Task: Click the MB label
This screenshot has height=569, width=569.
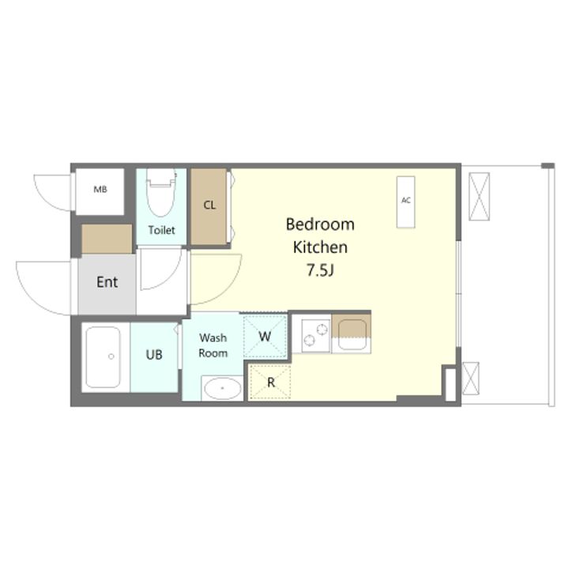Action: coord(100,189)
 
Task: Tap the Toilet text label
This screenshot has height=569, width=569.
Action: coord(161,230)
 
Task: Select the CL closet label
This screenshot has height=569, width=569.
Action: coord(209,205)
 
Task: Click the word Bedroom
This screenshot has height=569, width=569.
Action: coord(320,224)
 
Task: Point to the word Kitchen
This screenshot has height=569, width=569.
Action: coord(320,247)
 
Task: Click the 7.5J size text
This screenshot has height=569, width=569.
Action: coord(320,270)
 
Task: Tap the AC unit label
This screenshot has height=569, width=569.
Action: coord(405,200)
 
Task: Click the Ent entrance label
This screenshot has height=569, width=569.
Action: coord(107,282)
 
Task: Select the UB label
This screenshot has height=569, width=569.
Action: coord(154,355)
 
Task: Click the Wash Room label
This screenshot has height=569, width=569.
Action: coord(213,345)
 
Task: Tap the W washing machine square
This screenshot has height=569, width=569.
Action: coord(265,337)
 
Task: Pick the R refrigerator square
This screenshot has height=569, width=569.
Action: coord(271,382)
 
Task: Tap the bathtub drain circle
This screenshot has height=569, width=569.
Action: coord(111,356)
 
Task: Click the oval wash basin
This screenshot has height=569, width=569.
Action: coord(222,388)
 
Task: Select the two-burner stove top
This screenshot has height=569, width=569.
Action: coord(315,334)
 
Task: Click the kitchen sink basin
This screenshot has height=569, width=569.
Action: coord(352,334)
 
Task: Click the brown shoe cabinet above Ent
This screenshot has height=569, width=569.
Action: coord(107,239)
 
